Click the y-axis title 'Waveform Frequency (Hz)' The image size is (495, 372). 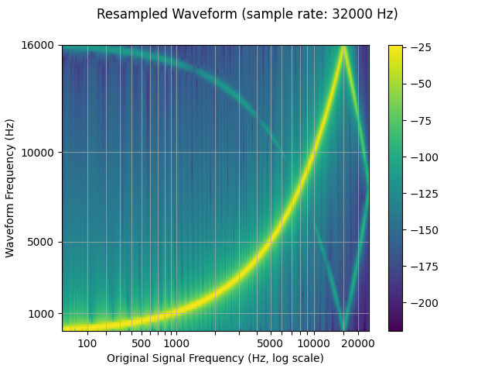[x=10, y=188]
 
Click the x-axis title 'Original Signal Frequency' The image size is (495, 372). [x=215, y=358]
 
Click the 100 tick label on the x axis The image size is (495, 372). [x=87, y=343]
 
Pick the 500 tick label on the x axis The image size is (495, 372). [x=141, y=343]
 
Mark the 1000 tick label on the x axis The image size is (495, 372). [x=176, y=343]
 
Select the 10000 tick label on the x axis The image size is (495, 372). [x=312, y=343]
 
